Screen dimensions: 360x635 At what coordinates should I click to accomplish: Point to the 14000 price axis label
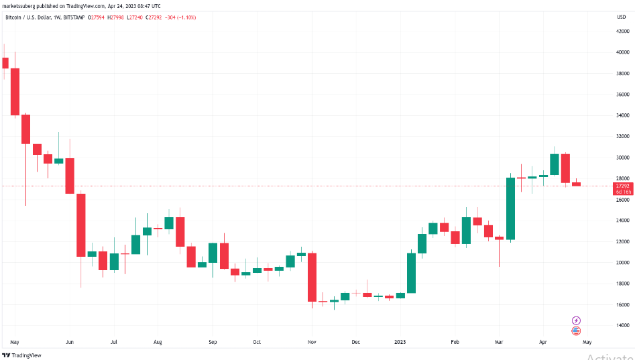click(x=622, y=326)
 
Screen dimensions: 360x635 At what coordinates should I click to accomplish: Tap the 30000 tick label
click(x=622, y=158)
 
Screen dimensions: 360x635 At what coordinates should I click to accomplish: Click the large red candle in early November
click(x=312, y=278)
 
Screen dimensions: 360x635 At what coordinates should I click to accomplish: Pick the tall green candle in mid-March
click(x=510, y=208)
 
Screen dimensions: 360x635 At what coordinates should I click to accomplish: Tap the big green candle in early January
click(x=411, y=273)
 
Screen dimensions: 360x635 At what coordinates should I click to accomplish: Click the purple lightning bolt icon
click(x=575, y=320)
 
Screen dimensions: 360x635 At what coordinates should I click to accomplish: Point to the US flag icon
click(x=575, y=331)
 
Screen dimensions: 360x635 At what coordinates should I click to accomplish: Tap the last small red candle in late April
click(x=576, y=184)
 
